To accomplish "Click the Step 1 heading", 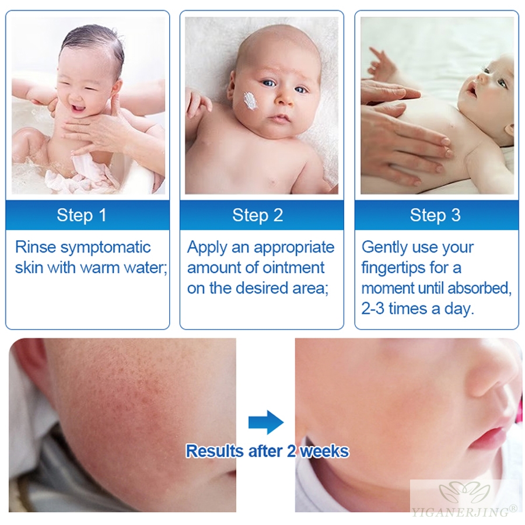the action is click(x=81, y=215).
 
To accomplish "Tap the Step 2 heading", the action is click(x=257, y=215).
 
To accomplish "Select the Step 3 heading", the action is click(x=435, y=215).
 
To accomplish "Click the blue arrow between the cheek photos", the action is click(x=266, y=422).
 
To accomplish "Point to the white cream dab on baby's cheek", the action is click(x=250, y=100).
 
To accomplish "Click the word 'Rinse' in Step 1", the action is click(x=36, y=247).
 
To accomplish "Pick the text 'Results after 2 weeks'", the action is click(x=267, y=451).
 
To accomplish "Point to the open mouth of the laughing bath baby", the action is click(x=78, y=109).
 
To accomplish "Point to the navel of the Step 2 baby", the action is click(x=273, y=183).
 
